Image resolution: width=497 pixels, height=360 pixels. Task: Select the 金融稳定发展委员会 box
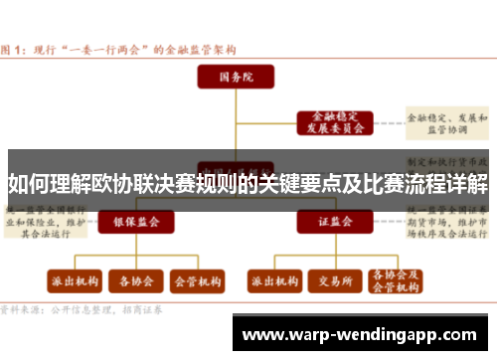pyautogui.click(x=332, y=122)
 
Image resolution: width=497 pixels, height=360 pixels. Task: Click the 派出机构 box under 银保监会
pyautogui.click(x=72, y=280)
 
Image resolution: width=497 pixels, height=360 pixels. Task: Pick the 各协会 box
pyautogui.click(x=132, y=280)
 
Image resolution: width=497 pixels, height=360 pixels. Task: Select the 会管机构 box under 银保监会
pyautogui.click(x=196, y=280)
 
